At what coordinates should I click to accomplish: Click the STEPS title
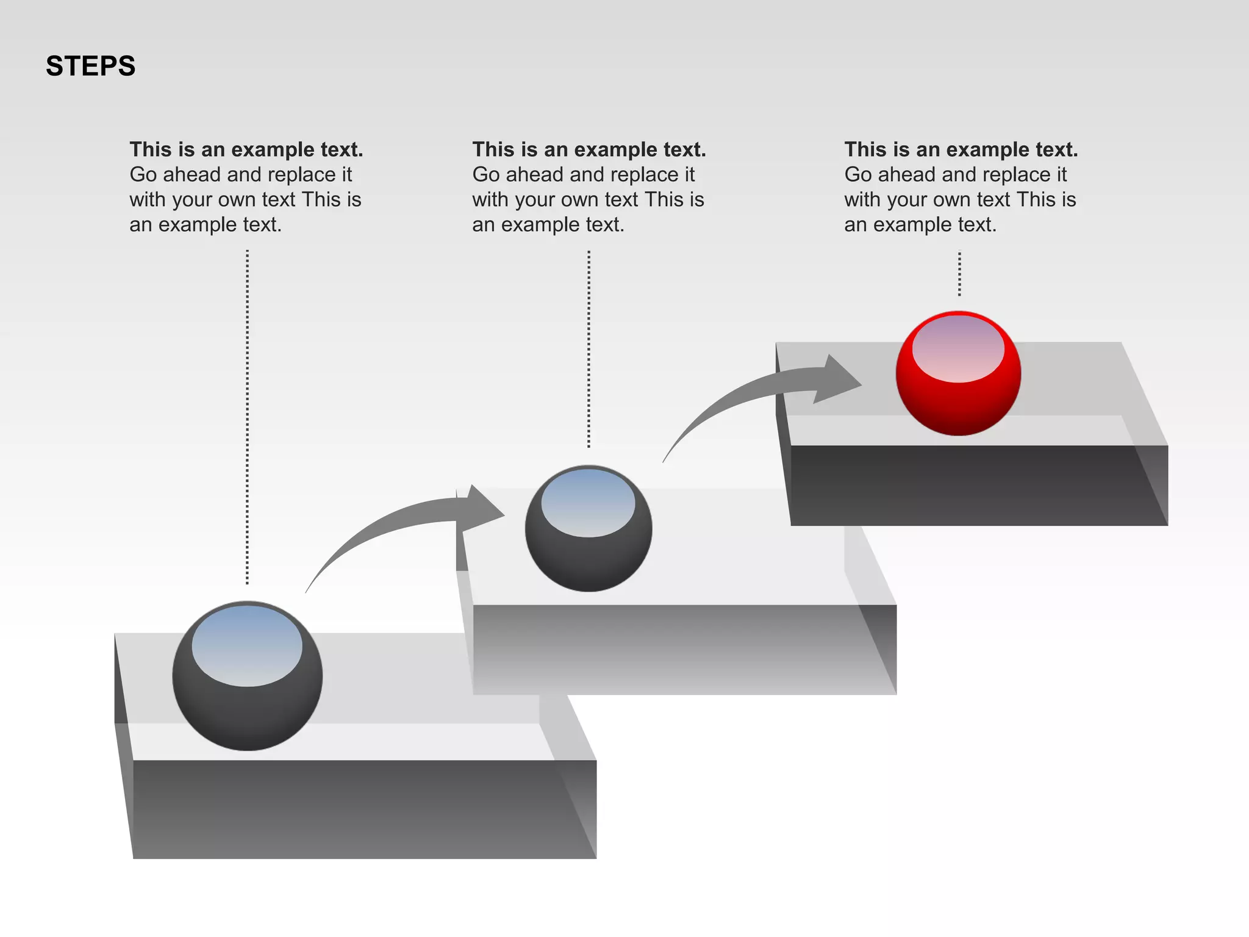90,66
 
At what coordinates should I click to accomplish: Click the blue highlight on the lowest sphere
247,645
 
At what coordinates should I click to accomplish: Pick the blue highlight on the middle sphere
589,503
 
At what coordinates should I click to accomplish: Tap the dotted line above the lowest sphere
247,415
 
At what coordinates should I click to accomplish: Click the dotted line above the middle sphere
589,348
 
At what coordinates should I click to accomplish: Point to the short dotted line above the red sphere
959,274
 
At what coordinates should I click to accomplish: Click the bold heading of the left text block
246,149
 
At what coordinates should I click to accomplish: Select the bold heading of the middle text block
589,149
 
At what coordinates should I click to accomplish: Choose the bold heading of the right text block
961,149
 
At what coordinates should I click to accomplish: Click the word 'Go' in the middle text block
486,175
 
